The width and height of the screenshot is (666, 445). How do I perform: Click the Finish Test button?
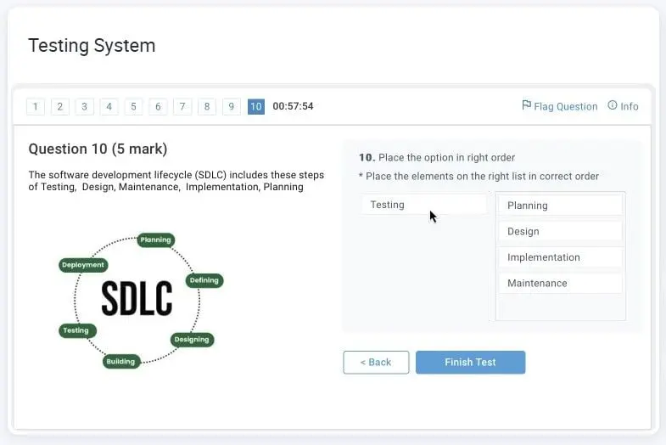tap(470, 362)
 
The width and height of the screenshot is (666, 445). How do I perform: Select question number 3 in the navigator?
tap(84, 106)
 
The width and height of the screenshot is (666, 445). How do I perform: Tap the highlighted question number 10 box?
tap(256, 106)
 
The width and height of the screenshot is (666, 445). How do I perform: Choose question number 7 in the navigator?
tap(182, 106)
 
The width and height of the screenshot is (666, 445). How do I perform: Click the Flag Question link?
tap(559, 106)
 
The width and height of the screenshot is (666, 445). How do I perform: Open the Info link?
tap(623, 106)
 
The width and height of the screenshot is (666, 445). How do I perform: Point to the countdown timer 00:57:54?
tap(293, 106)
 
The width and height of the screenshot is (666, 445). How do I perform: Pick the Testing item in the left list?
tap(423, 205)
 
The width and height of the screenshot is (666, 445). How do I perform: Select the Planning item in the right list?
tap(560, 206)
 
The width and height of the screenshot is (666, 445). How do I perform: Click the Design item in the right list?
tap(560, 232)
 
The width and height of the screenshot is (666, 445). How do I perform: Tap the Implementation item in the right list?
tap(560, 257)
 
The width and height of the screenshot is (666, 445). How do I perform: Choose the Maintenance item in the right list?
tap(560, 284)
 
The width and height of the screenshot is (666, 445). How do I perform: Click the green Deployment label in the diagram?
tap(83, 265)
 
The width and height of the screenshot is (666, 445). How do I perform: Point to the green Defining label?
tap(204, 280)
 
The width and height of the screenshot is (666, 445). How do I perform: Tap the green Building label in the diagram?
tap(121, 362)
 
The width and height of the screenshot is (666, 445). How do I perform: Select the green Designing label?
tap(192, 340)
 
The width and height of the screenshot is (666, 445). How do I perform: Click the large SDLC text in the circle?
tap(137, 298)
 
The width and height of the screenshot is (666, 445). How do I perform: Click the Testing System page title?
tap(92, 46)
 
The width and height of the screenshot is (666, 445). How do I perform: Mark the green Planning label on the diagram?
tap(156, 240)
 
